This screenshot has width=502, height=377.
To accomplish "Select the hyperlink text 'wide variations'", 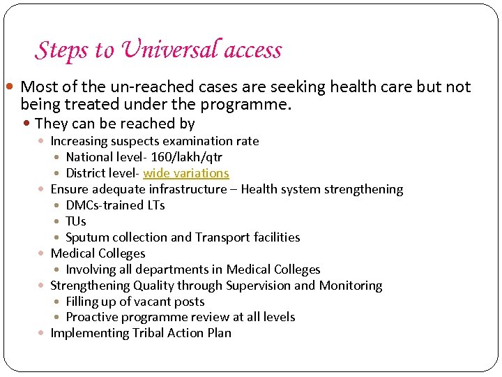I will pyautogui.click(x=186, y=173).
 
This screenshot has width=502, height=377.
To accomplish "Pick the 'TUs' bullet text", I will pyautogui.click(x=75, y=221).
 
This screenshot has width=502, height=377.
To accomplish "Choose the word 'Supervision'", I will pyautogui.click(x=256, y=286).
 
